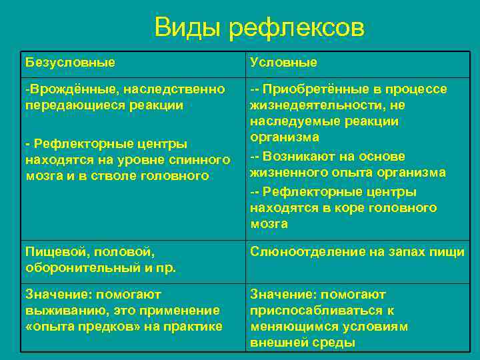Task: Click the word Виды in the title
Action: (187, 29)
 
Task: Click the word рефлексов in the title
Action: (297, 29)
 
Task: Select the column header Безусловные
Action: (70, 62)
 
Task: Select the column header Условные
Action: (283, 62)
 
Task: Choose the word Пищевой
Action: (54, 251)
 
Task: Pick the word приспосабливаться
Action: (314, 310)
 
